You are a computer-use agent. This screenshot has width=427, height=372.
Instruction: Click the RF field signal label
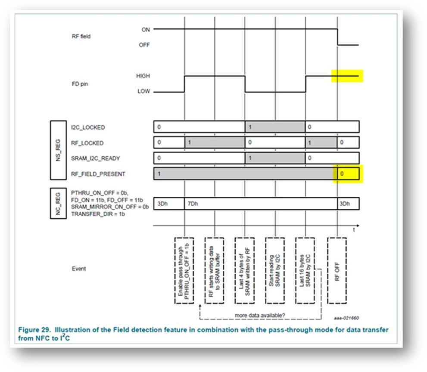tap(81, 37)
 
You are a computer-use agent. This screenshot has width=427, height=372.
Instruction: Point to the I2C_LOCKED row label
tap(87, 127)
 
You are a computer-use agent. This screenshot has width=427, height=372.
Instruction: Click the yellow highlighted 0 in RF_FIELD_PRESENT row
tap(348, 174)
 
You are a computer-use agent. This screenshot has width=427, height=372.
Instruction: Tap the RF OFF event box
tap(337, 270)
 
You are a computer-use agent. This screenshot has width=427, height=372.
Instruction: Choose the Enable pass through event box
tap(184, 270)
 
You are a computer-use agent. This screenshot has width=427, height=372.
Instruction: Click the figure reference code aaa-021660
tap(347, 318)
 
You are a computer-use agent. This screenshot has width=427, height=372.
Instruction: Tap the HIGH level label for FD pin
tap(143, 76)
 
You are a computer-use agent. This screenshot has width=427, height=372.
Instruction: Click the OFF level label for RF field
tap(144, 45)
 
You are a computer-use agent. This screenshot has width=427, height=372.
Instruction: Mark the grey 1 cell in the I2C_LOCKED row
tap(275, 127)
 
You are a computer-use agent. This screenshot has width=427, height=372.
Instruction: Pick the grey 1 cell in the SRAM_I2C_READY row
tap(275, 158)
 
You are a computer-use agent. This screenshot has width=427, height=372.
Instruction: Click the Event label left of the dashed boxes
tap(78, 269)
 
